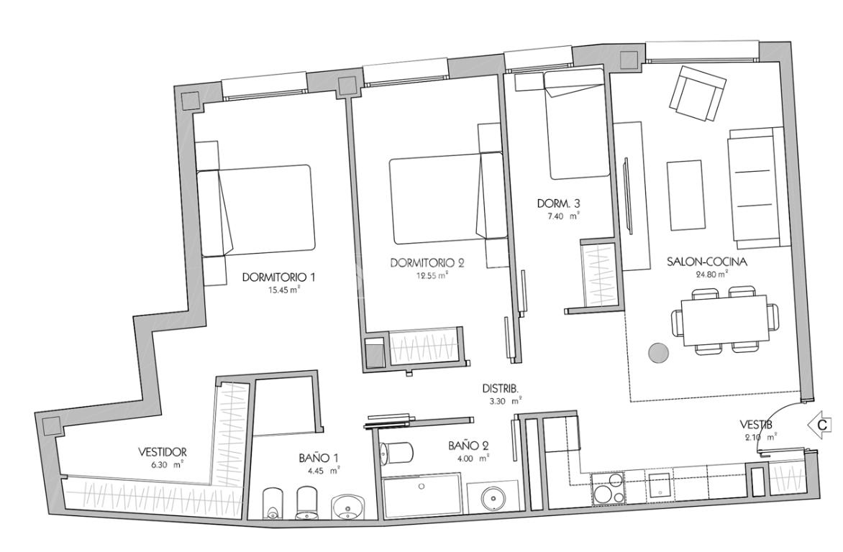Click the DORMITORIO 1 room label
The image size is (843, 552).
278,278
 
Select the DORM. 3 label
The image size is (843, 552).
559,203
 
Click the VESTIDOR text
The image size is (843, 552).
162,452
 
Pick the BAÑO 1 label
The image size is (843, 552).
319,458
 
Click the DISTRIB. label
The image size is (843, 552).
500,389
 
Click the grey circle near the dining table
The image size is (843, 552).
658,353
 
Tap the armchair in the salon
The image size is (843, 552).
697,93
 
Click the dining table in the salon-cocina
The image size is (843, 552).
724,322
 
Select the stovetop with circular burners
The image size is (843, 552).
608,489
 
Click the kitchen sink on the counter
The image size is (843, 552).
659,486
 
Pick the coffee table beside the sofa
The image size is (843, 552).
685,195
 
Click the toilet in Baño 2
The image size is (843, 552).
395,453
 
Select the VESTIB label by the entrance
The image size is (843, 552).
756,424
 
